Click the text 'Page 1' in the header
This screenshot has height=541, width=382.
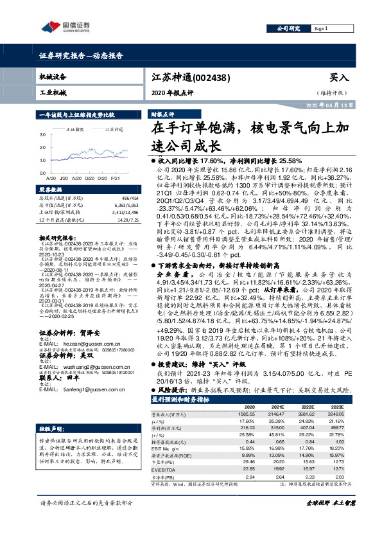coord(322,29)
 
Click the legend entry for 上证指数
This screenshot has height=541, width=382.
coord(76,129)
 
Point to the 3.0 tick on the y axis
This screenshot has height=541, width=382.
coord(42,136)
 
